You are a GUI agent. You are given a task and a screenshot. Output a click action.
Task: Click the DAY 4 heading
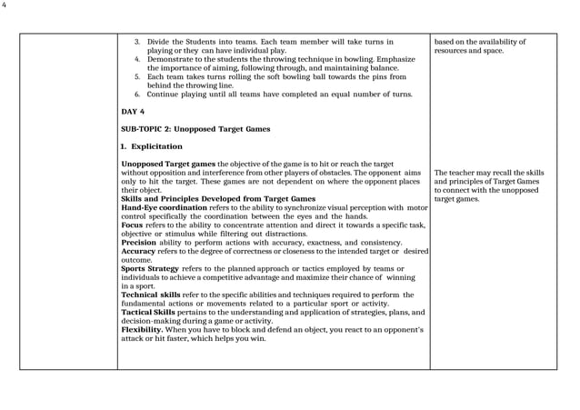pos(133,111)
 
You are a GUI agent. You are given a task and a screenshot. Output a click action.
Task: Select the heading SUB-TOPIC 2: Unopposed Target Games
pos(195,129)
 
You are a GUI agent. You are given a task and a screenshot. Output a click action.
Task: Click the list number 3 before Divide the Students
pos(137,42)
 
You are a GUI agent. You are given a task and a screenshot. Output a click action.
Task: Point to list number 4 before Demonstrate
pos(137,59)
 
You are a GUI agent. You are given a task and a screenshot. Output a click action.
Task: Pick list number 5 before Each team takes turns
pos(137,76)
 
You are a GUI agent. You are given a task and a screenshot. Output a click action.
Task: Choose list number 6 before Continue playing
pos(137,94)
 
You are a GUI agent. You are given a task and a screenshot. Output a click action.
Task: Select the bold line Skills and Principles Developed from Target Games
pos(218,198)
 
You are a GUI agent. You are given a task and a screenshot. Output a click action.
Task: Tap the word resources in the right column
pos(451,51)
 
